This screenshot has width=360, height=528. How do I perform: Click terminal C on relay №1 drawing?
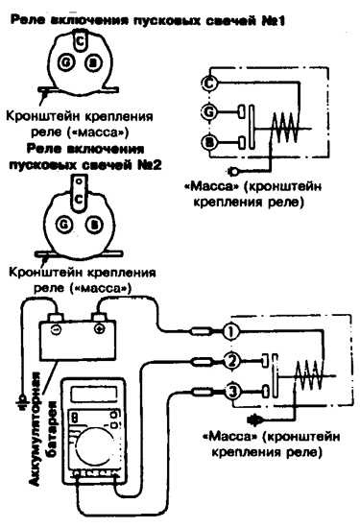80,41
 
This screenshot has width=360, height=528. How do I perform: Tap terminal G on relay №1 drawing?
64,63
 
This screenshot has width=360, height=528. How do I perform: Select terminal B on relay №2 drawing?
93,224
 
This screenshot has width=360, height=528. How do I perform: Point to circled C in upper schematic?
209,83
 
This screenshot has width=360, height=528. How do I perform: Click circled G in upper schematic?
209,111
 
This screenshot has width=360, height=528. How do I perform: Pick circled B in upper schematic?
209,142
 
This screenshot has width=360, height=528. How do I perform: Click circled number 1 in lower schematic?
231,332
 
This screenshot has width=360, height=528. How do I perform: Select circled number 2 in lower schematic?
231,361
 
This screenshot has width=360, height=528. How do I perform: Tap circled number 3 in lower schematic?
233,392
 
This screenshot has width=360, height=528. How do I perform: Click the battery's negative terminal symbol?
56,329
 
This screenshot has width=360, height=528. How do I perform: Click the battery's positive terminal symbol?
99,328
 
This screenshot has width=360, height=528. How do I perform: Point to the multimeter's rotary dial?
95,449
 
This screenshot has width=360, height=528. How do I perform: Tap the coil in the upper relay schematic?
285,127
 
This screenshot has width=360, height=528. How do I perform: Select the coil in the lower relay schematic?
308,375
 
